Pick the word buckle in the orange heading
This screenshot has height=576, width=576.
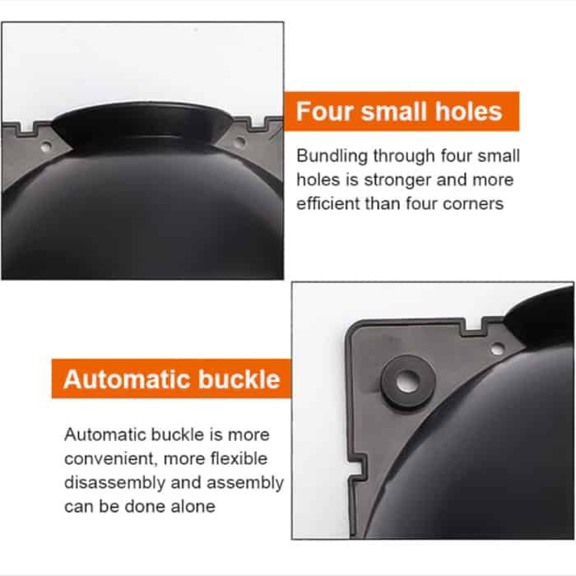[x=239, y=379]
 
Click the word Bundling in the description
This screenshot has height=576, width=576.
[x=332, y=156]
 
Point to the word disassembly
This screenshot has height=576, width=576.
[x=114, y=483]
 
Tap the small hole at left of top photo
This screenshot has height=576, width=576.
[x=45, y=147]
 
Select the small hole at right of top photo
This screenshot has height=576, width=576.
[x=239, y=141]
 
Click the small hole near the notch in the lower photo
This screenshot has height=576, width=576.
[x=497, y=349]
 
